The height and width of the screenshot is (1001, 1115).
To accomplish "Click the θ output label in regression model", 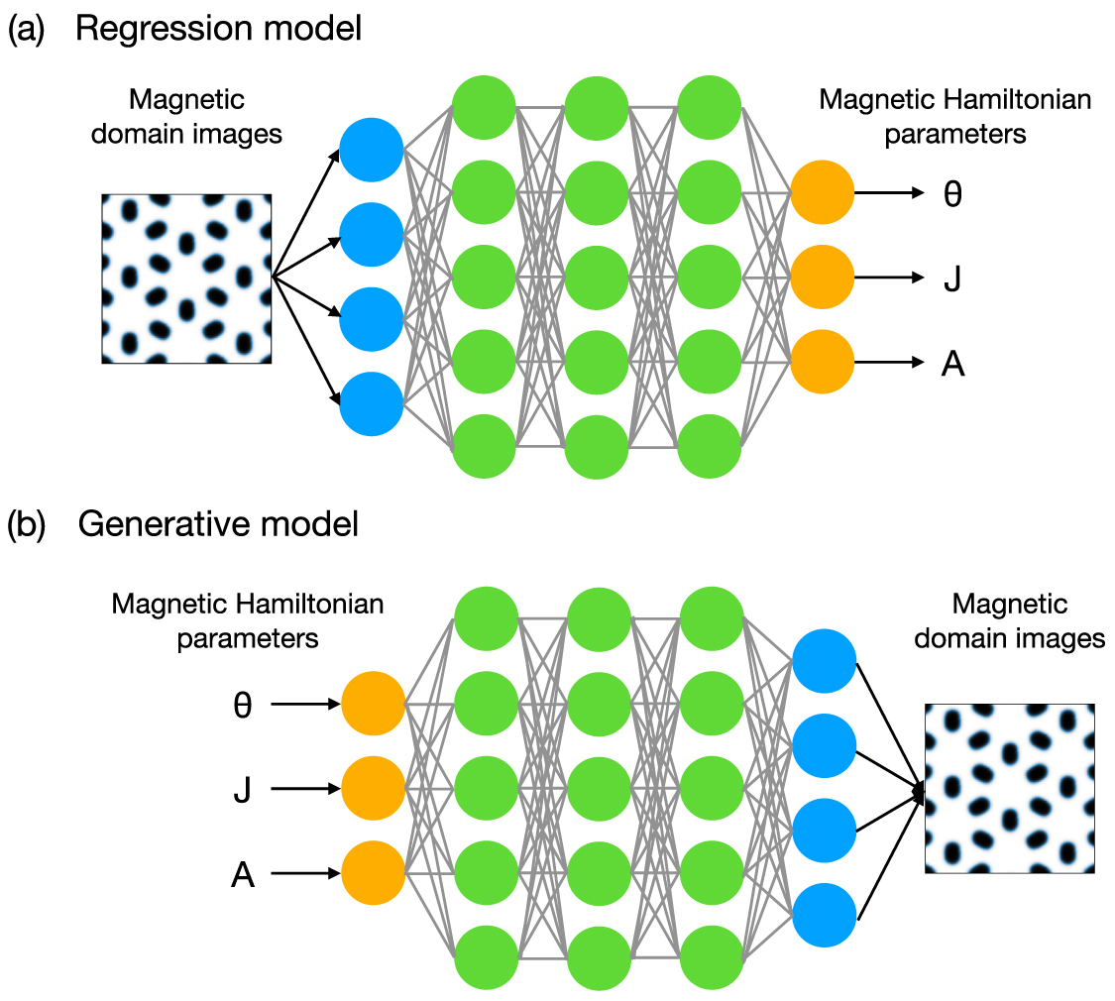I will [952, 195].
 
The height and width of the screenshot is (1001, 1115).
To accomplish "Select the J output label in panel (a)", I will [952, 280].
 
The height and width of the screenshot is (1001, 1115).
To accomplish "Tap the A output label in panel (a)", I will [952, 366].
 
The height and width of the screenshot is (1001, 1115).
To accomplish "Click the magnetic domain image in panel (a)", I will [186, 278].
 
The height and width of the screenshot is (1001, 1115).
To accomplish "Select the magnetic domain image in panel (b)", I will [1009, 788].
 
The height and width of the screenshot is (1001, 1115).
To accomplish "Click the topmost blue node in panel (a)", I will [371, 151].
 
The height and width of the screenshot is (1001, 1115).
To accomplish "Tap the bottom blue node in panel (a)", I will [371, 404].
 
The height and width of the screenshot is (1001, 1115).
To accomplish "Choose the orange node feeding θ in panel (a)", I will [822, 193].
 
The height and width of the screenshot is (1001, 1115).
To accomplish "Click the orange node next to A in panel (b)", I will [374, 873].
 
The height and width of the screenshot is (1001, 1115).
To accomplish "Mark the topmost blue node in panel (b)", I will [825, 660].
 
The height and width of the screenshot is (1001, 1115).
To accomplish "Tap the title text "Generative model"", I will [218, 524].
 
